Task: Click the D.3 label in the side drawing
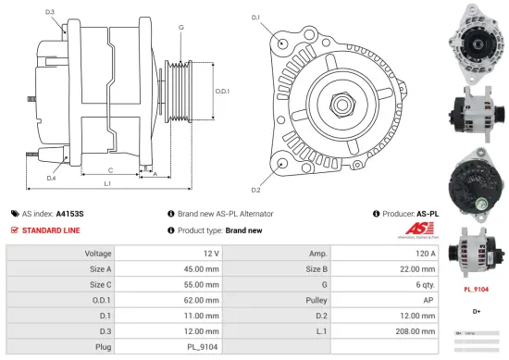49,12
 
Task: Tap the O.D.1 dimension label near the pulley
221,91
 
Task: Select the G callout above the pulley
180,27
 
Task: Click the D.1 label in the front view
256,17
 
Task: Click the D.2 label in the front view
255,190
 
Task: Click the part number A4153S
69,213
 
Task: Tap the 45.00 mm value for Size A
201,268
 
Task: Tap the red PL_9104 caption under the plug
476,289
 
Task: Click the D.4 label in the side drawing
51,178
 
